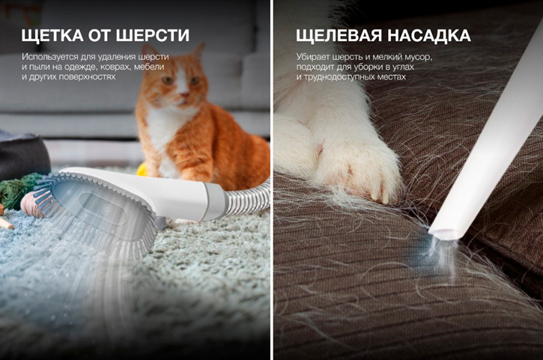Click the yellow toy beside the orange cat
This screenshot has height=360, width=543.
coord(142,170)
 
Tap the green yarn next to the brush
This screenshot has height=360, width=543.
coord(13,192)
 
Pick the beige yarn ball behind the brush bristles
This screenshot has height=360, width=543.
coord(32,204)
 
